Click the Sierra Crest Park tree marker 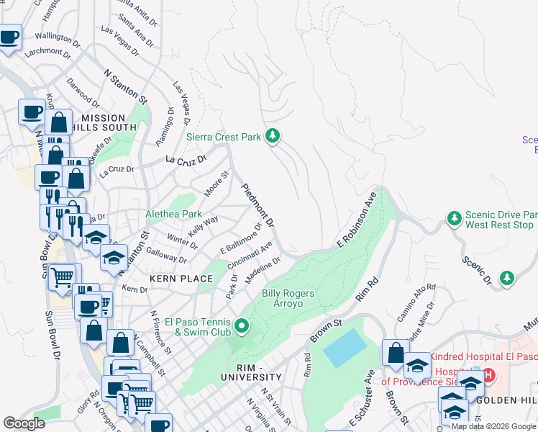point(273,135)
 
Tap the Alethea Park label point(173,214)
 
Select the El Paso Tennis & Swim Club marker point(242,328)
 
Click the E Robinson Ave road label point(356,221)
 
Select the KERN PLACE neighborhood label point(173,277)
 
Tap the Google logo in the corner point(24,423)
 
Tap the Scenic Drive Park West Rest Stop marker point(454,217)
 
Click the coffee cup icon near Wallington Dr point(9,37)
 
